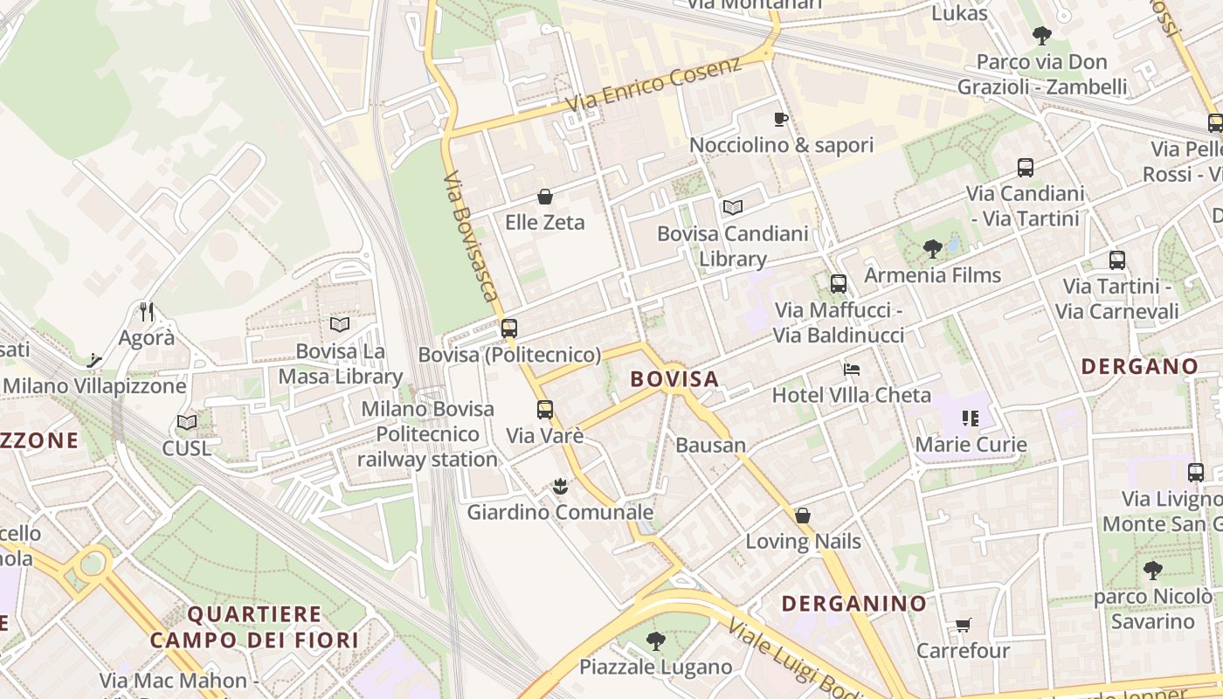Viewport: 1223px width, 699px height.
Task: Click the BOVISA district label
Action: pos(674,378)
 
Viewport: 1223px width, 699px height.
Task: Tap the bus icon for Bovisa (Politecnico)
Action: pos(509,329)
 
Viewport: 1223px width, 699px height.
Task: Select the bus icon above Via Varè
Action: pos(545,409)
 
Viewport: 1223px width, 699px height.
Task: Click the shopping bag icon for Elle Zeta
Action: pos(545,197)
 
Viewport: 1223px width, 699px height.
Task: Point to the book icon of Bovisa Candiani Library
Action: pos(732,207)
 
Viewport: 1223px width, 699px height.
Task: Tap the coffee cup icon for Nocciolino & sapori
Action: pos(781,119)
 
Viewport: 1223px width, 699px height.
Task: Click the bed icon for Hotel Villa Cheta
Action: pos(852,370)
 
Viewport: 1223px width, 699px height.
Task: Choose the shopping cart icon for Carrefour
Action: pos(963,625)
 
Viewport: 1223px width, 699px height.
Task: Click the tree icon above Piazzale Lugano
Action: pos(655,641)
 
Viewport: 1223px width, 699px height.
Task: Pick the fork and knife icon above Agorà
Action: pos(147,311)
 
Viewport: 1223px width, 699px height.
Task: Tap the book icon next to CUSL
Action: pos(187,423)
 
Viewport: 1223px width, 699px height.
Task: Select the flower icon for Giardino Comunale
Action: pos(560,486)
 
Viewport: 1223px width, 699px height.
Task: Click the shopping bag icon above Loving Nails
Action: pos(803,516)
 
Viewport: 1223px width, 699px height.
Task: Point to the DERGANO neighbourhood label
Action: pos(1140,366)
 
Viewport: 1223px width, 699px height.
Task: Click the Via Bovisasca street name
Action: pos(471,237)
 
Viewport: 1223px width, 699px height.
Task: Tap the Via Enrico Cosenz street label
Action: pos(653,84)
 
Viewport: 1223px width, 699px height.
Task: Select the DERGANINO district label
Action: pos(853,603)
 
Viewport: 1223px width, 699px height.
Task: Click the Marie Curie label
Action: pos(971,445)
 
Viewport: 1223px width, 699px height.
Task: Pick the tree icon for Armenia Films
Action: pos(933,249)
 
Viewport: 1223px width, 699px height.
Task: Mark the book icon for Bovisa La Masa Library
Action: pos(340,324)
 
